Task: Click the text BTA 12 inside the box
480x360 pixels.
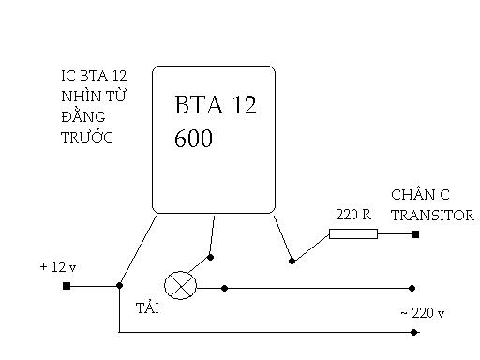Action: (x=216, y=104)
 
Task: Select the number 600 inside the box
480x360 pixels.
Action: (x=193, y=138)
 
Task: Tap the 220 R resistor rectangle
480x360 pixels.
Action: (x=353, y=233)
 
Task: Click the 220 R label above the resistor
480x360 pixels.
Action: (x=353, y=215)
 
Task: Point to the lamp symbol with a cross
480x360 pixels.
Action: (x=180, y=285)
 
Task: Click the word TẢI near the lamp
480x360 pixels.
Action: (x=147, y=307)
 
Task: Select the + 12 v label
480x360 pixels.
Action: (x=58, y=267)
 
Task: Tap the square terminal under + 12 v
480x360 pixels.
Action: (x=67, y=286)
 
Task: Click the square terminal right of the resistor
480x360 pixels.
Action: (x=415, y=234)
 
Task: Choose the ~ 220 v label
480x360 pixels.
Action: (x=422, y=313)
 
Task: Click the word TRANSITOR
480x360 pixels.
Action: (x=432, y=216)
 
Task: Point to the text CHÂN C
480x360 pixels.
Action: (x=420, y=195)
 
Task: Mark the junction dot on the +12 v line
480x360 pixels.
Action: (x=119, y=285)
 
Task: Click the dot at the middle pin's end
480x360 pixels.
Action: (x=210, y=257)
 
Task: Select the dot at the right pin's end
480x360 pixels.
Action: (x=292, y=261)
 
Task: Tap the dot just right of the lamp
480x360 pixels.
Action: (x=224, y=288)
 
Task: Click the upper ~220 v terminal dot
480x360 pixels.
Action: (x=412, y=288)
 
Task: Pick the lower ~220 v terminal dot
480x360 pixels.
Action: (x=413, y=332)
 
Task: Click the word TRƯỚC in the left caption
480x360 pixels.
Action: (x=87, y=137)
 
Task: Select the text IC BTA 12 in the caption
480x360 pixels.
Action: (x=94, y=76)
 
